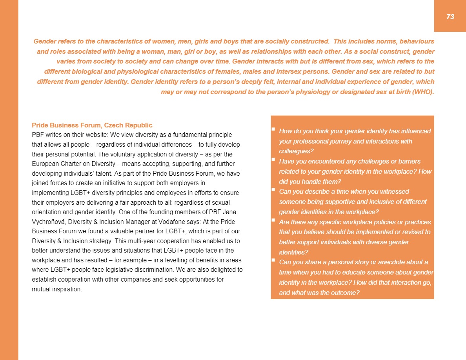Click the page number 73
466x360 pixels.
click(x=450, y=16)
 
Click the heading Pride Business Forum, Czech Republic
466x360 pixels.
click(x=92, y=125)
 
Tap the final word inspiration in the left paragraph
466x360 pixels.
click(x=67, y=290)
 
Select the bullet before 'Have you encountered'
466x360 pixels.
click(x=273, y=159)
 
